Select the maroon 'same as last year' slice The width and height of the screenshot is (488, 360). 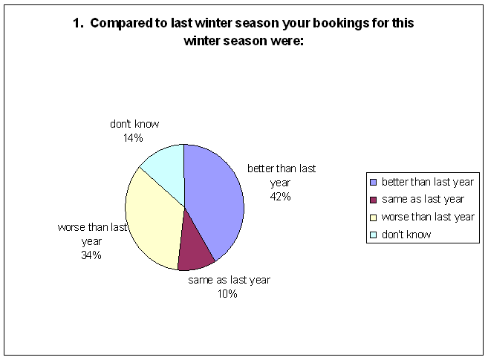(x=195, y=252)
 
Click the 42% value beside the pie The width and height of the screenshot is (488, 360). (x=281, y=197)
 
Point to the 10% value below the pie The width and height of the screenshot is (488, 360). (x=227, y=293)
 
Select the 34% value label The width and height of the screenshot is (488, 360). (x=91, y=255)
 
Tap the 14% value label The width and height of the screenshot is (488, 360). (x=133, y=138)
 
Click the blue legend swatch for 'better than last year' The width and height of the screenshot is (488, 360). (x=373, y=182)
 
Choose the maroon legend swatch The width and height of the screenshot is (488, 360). (x=373, y=200)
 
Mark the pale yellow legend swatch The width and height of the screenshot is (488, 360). (x=373, y=217)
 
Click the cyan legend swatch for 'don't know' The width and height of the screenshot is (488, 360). (x=373, y=235)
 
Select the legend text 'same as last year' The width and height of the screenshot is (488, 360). (x=423, y=199)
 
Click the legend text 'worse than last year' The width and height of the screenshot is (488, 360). (x=428, y=217)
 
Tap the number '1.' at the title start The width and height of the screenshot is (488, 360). (x=78, y=23)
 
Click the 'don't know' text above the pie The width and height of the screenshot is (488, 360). (x=134, y=124)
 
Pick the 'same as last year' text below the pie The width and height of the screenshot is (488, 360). (x=229, y=280)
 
